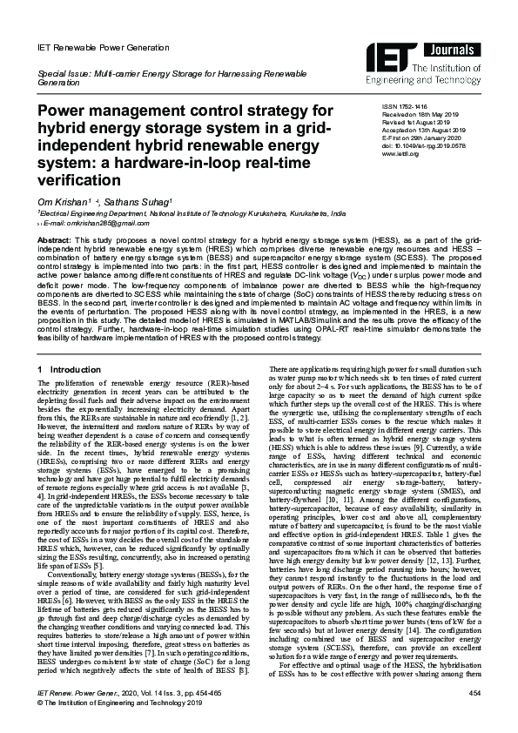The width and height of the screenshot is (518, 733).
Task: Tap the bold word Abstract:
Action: [x=55, y=239]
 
